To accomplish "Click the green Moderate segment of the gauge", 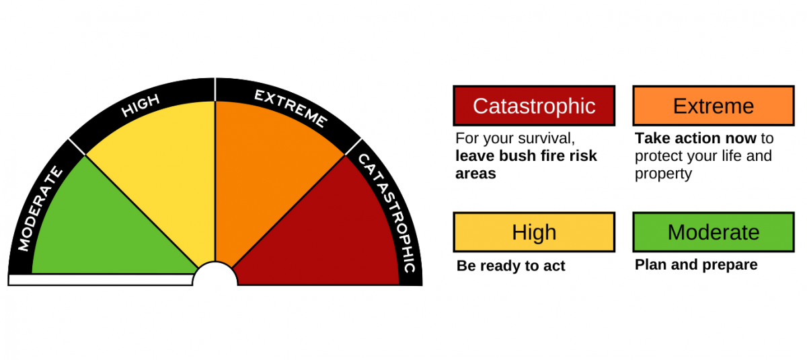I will pos(101,222).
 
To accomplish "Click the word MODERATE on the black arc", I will pos(40,209).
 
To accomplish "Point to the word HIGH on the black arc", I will pos(141,106).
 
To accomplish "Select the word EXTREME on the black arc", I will pos(290,108).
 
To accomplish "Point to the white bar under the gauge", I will pos(101,280).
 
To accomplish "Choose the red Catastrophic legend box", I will pos(534,106).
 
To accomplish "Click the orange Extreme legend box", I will pos(714,106).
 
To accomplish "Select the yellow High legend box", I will pos(534,232).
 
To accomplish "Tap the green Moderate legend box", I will pos(714,232).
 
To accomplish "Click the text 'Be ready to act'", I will pos(510,266).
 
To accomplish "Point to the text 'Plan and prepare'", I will pos(696,264).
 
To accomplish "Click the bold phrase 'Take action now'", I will pos(696,139).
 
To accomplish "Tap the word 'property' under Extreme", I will pos(663,174).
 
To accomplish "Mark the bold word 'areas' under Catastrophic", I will pos(475,174).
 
